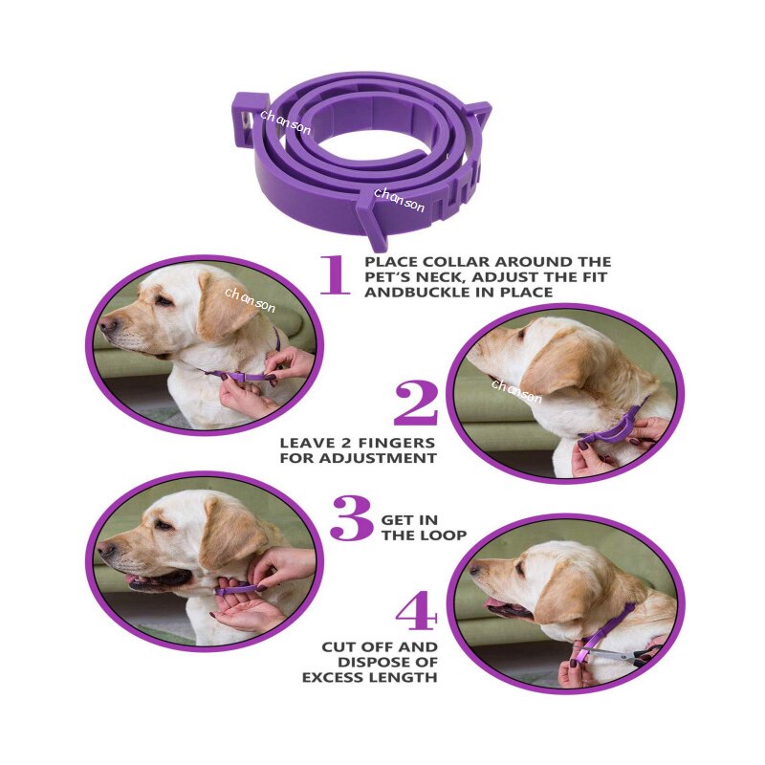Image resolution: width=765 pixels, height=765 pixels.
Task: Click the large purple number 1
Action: click(x=334, y=274)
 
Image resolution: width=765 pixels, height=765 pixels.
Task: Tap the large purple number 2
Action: click(x=416, y=404)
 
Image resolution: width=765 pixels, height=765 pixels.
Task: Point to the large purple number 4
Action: click(x=416, y=613)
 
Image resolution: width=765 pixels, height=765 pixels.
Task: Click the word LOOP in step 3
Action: click(x=444, y=535)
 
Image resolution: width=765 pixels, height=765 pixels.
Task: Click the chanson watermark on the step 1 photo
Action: click(x=251, y=301)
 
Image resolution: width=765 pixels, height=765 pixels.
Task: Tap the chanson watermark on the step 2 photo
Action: click(x=516, y=390)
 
